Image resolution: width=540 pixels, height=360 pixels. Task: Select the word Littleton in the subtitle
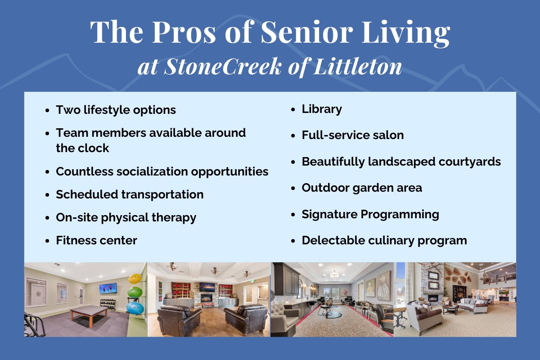pyautogui.click(x=358, y=66)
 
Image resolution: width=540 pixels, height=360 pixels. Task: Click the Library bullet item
pyautogui.click(x=322, y=109)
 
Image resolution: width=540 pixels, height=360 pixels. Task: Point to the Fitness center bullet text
pyautogui.click(x=96, y=240)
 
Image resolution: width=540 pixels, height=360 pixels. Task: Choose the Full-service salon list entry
pyautogui.click(x=353, y=135)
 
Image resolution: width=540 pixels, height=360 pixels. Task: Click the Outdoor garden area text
pyautogui.click(x=362, y=188)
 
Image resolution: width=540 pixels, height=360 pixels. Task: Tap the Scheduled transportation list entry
pyautogui.click(x=130, y=194)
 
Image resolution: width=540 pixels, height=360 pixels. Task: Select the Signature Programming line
pyautogui.click(x=370, y=215)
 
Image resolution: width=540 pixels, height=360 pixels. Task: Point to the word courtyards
pyautogui.click(x=470, y=162)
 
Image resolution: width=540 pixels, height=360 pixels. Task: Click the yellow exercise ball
pyautogui.click(x=135, y=279)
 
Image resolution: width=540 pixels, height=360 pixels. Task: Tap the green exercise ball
pyautogui.click(x=135, y=292)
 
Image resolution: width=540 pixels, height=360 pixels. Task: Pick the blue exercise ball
pyautogui.click(x=135, y=308)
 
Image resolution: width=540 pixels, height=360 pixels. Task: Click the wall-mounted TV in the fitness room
pyautogui.click(x=108, y=288)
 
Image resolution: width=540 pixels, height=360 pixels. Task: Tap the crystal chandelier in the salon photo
pyautogui.click(x=334, y=274)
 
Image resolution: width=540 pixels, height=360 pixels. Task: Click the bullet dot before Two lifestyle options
pyautogui.click(x=47, y=111)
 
